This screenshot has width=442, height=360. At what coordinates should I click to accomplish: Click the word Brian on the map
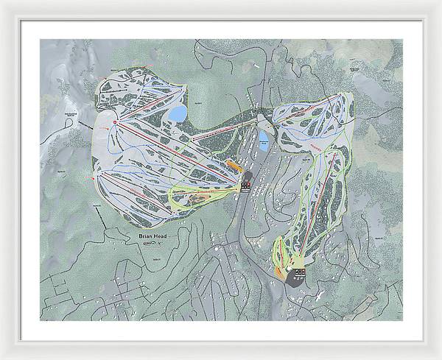[144, 236]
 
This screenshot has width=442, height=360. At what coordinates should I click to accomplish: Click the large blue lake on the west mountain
[178, 113]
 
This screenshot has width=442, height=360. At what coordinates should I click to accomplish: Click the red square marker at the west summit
[115, 122]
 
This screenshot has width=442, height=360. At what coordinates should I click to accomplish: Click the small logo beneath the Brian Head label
[150, 244]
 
